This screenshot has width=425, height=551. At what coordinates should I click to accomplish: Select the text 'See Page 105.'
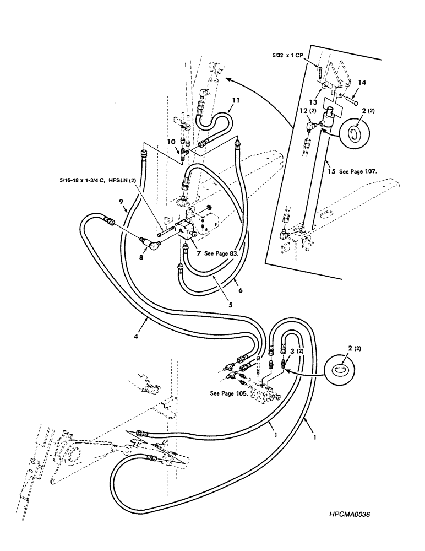click(230, 394)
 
